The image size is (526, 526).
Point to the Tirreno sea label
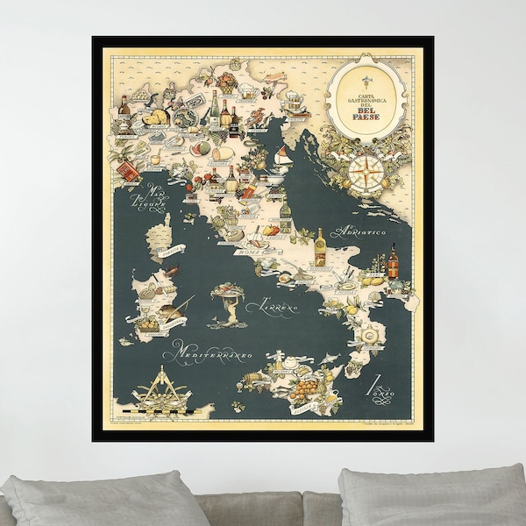click(x=273, y=307)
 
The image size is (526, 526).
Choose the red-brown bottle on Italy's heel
click(x=394, y=261)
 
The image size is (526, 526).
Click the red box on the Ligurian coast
click(x=129, y=172)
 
